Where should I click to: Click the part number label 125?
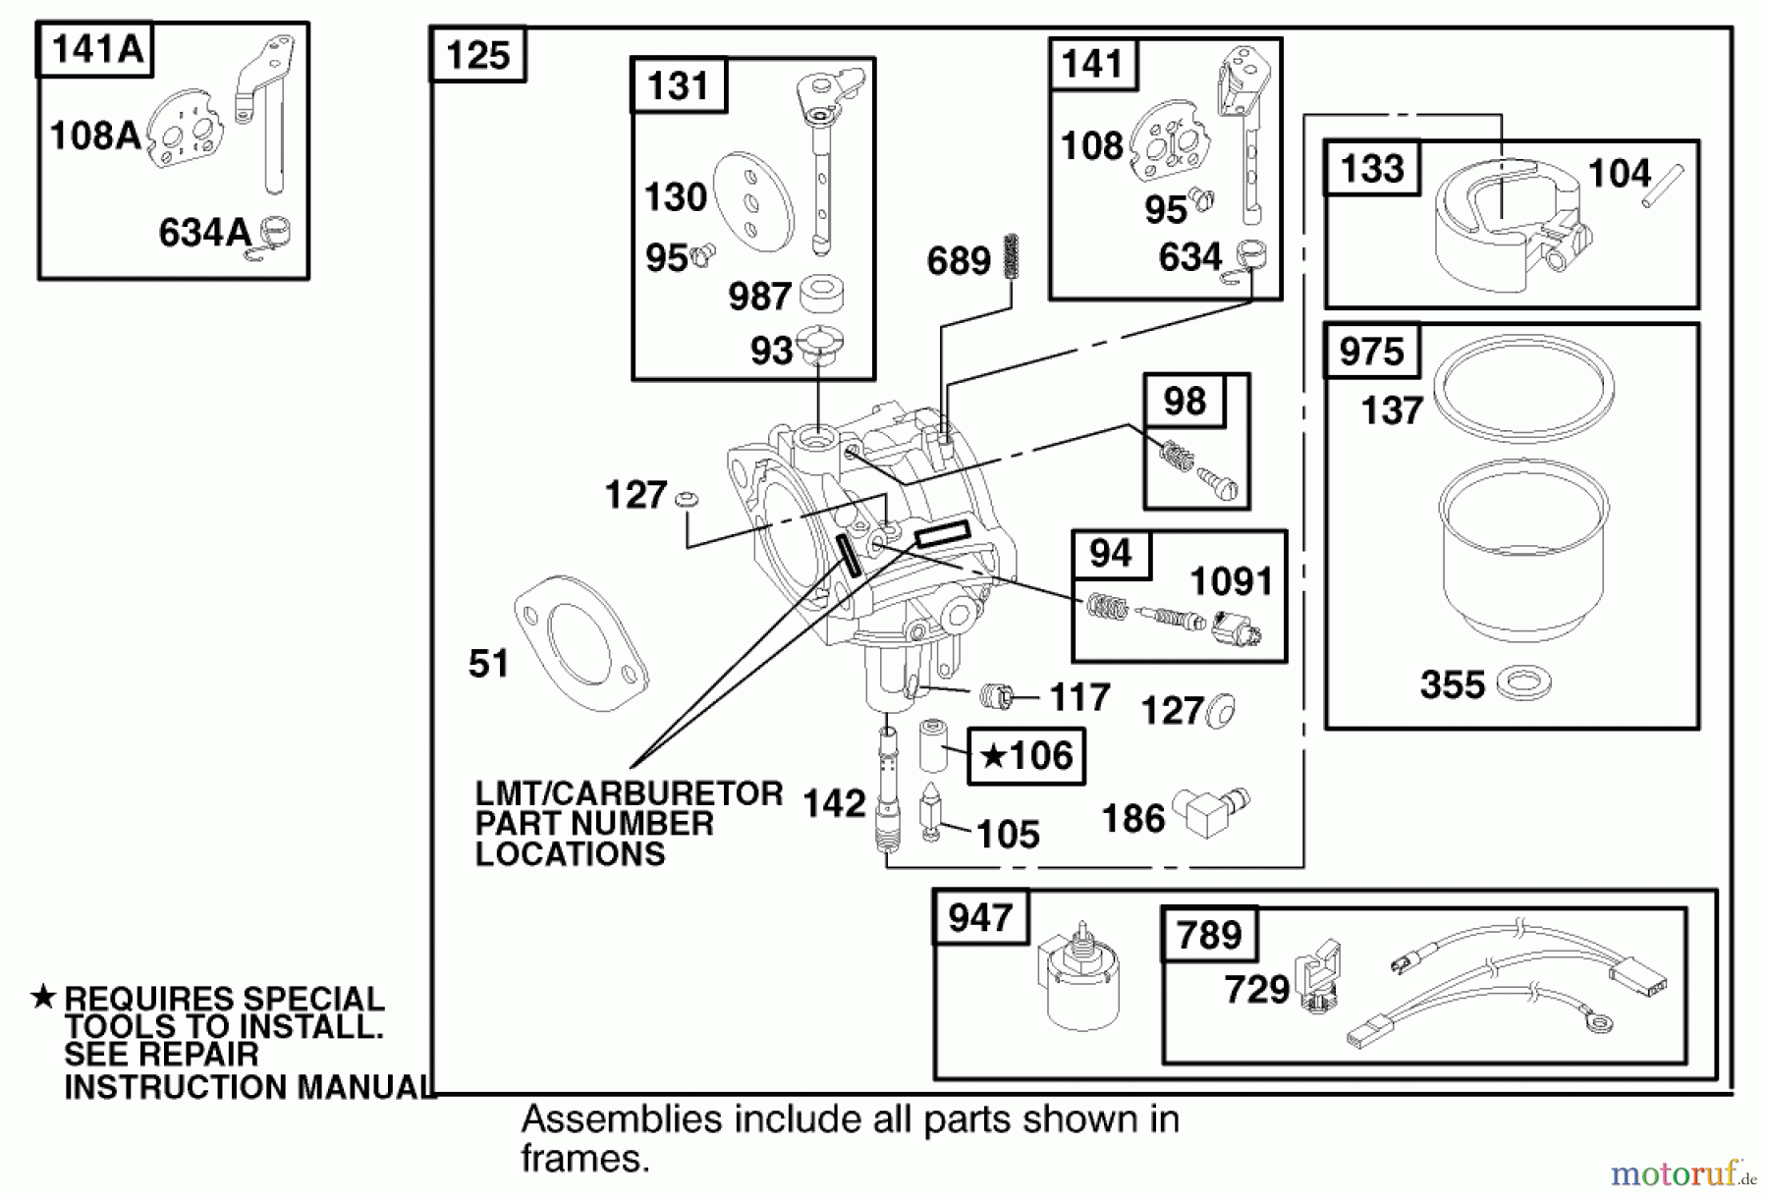pyautogui.click(x=478, y=55)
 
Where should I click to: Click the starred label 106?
pyautogui.click(x=1027, y=756)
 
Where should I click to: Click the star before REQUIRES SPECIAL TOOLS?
pyautogui.click(x=43, y=998)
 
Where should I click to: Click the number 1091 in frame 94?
pyautogui.click(x=1231, y=582)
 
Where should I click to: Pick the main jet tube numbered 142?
pyautogui.click(x=888, y=795)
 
